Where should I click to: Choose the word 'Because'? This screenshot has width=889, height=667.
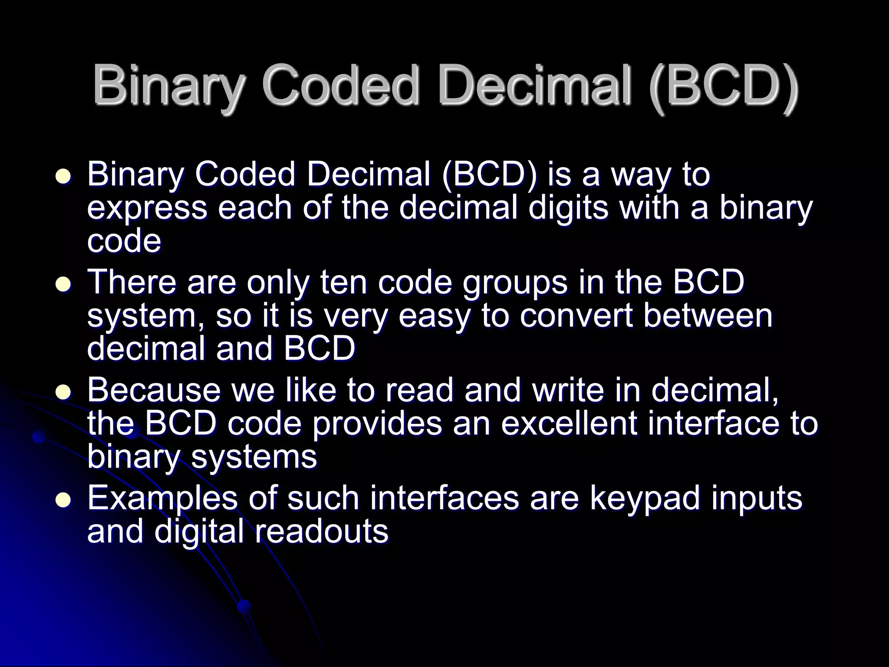154,390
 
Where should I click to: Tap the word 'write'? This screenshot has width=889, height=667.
568,390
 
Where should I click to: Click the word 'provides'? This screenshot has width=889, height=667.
376,424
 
